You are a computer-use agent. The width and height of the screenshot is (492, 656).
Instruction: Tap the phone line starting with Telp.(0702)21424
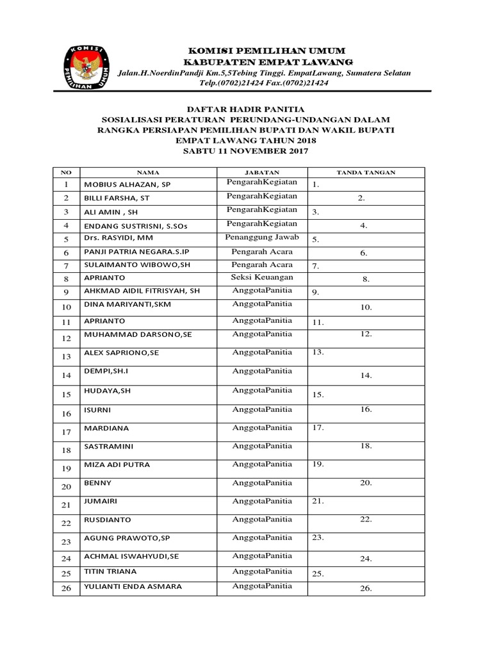pyautogui.click(x=264, y=83)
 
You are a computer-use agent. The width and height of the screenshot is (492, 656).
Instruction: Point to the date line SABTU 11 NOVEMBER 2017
pyautogui.click(x=246, y=151)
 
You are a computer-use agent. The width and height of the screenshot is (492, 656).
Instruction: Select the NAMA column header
pyautogui.click(x=148, y=172)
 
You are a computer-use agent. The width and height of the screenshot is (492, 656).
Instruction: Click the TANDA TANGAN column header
pyautogui.click(x=366, y=172)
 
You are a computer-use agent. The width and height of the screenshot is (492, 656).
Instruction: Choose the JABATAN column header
pyautogui.click(x=262, y=172)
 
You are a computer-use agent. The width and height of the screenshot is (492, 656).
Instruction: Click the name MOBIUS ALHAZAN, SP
pyautogui.click(x=127, y=184)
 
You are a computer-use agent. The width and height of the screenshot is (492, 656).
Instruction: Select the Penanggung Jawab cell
pyautogui.click(x=262, y=237)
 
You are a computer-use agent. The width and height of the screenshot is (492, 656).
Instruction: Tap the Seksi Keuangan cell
pyautogui.click(x=262, y=277)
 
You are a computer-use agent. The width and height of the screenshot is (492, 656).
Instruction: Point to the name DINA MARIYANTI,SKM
pyautogui.click(x=127, y=304)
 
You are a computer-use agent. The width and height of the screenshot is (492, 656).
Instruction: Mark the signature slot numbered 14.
pyautogui.click(x=366, y=376)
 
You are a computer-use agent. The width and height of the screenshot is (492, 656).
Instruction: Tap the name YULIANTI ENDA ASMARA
pyautogui.click(x=133, y=586)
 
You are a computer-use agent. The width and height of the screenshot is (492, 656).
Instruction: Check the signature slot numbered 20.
pyautogui.click(x=366, y=483)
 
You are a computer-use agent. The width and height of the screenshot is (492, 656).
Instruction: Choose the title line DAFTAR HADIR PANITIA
pyautogui.click(x=245, y=110)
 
